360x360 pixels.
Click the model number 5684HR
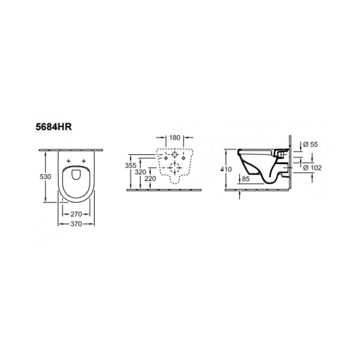[54, 127]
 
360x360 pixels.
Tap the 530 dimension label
[46, 177]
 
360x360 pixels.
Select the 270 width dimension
[76, 214]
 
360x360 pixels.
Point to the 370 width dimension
[76, 224]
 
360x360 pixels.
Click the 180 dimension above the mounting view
[175, 138]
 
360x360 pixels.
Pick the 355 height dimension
[131, 165]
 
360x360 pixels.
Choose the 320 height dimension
[140, 172]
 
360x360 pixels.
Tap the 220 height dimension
[150, 179]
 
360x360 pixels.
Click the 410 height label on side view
[226, 169]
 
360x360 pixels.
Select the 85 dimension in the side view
[246, 179]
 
